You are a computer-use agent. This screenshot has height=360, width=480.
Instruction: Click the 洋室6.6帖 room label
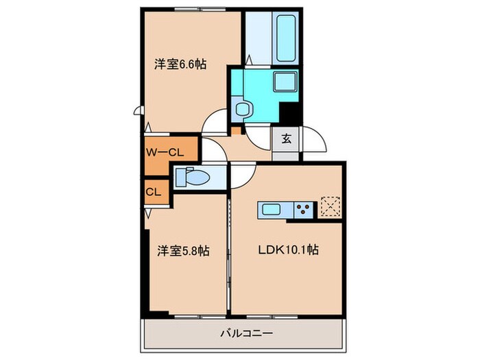(x=180, y=64)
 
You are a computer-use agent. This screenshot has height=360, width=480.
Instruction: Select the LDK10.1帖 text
(x=288, y=251)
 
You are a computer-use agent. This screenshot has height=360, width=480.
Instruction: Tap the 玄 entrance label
(x=286, y=139)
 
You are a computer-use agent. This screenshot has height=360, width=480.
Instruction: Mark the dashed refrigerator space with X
(x=331, y=206)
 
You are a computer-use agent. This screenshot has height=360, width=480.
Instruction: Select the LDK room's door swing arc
(x=241, y=177)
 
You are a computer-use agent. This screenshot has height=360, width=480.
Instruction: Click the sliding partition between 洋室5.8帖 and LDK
(x=228, y=254)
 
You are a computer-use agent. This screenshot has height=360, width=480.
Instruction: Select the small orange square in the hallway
(x=236, y=129)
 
